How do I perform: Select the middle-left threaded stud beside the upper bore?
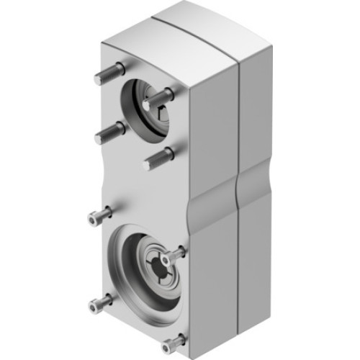(x=108, y=131)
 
